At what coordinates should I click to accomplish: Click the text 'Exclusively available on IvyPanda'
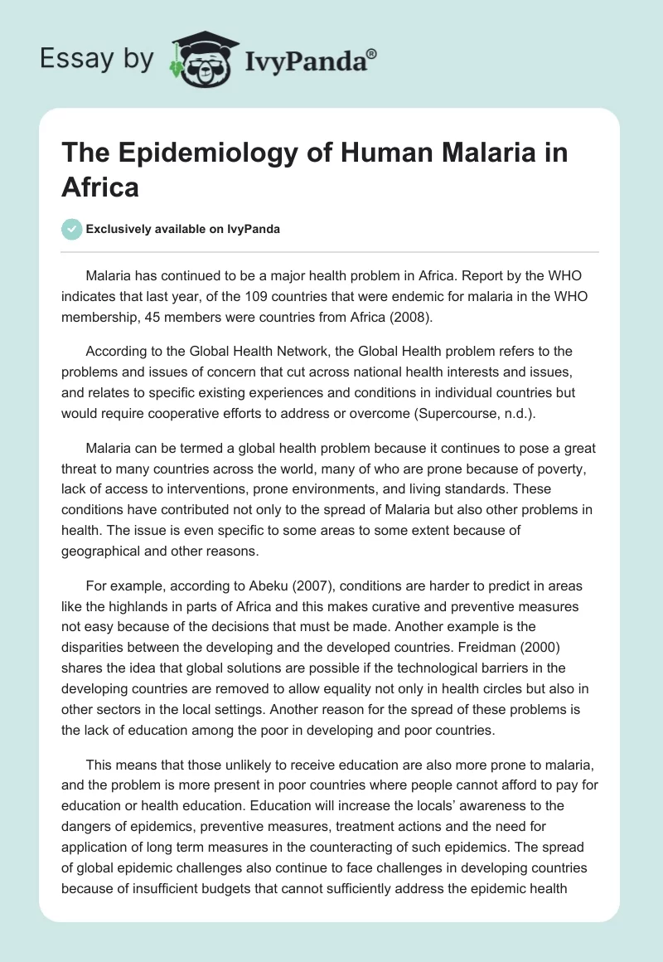(x=182, y=229)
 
